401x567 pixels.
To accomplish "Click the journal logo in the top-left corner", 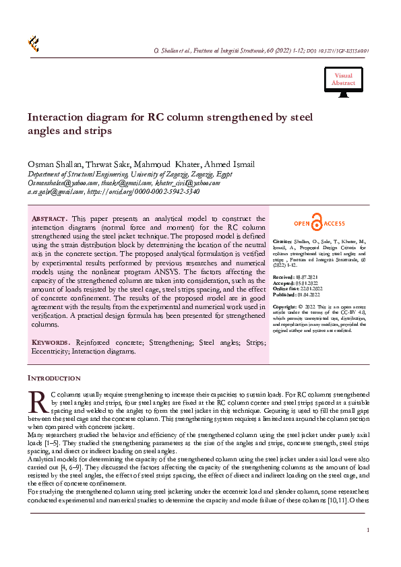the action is click(x=33, y=44).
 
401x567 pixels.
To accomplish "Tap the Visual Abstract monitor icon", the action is click(x=342, y=81).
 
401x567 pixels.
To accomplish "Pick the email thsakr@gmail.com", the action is click(x=126, y=182).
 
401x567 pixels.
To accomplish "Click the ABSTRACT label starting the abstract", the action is click(x=49, y=220).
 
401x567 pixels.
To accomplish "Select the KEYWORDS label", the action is click(x=51, y=342).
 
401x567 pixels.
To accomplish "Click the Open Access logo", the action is click(x=319, y=224).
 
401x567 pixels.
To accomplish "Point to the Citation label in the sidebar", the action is click(x=283, y=240).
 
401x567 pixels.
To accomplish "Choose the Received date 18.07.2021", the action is click(x=307, y=276).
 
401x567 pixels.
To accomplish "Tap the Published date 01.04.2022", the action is click(x=308, y=294).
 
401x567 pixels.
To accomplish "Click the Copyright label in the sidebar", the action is click(x=286, y=306).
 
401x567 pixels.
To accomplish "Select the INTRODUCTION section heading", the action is click(x=54, y=378).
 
